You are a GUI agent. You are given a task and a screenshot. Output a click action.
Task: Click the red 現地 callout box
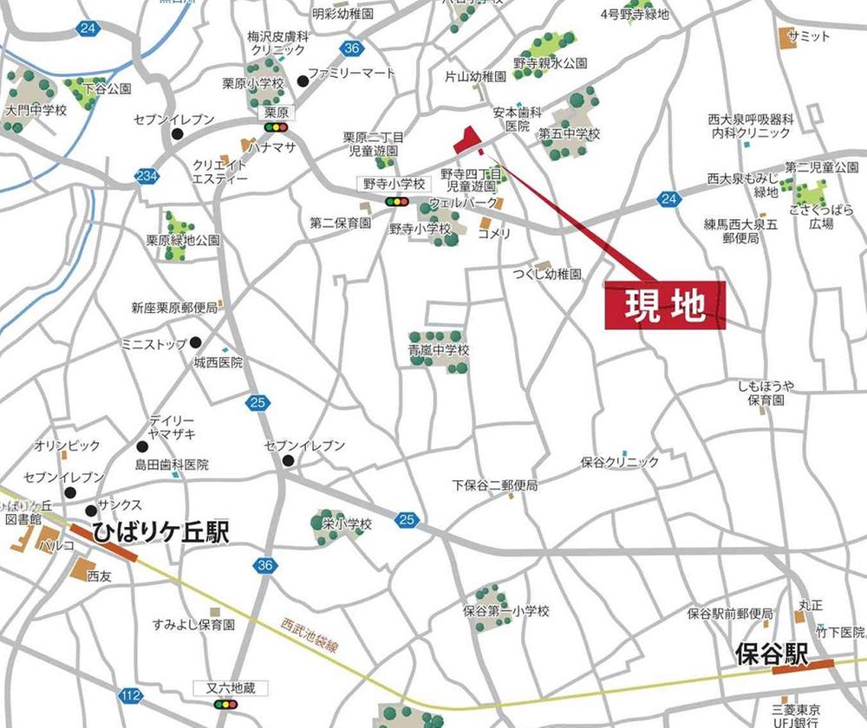(664, 306)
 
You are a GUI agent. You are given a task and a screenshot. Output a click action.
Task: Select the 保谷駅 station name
(771, 652)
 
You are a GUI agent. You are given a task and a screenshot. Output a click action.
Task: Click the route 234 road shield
(147, 176)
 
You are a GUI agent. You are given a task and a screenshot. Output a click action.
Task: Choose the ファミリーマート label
(351, 74)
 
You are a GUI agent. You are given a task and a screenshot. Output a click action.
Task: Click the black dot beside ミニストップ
(196, 342)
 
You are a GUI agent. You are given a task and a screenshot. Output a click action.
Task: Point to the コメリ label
(494, 233)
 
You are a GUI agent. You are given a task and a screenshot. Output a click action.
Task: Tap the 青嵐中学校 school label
(440, 351)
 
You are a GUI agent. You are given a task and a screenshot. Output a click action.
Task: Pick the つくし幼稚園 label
(545, 274)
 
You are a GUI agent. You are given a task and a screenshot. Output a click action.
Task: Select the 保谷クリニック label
(620, 463)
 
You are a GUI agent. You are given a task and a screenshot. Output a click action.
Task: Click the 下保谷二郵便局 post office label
(495, 485)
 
